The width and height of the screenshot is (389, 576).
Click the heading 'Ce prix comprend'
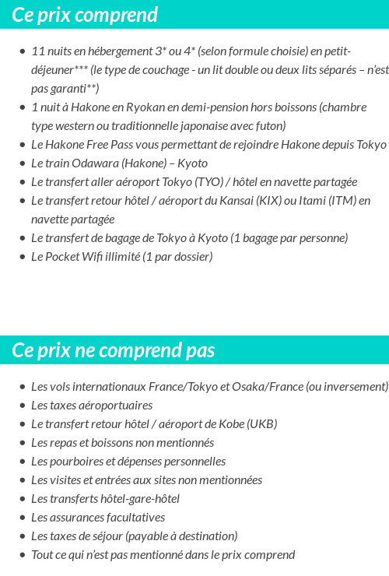(x=85, y=15)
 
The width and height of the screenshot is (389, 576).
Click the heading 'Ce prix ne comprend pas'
(x=113, y=350)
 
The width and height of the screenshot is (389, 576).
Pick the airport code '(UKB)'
(x=261, y=423)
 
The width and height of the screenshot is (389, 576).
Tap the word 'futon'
(x=270, y=125)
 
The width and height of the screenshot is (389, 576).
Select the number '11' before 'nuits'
(x=37, y=51)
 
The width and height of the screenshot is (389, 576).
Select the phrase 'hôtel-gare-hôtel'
(x=138, y=498)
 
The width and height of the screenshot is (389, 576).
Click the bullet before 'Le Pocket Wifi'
(x=22, y=257)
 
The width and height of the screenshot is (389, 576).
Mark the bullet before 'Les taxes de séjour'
(x=22, y=536)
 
